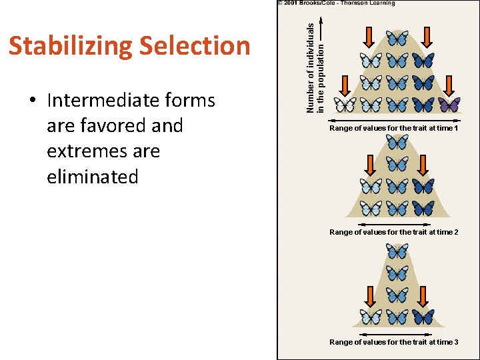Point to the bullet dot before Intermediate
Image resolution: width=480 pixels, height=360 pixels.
32,101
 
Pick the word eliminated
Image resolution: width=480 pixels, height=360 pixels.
93,177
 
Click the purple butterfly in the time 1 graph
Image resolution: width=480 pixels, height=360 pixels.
449,105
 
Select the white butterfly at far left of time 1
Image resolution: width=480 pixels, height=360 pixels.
345,105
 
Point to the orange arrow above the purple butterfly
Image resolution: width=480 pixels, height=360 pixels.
449,85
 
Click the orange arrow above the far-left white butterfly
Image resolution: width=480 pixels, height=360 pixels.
345,85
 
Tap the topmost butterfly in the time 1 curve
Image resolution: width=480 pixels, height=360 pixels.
397,38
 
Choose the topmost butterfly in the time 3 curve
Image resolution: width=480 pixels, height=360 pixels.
397,251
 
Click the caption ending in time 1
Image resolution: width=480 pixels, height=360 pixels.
393,128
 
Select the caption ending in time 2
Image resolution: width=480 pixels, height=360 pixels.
393,232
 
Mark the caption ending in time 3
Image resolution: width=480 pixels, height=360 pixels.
393,342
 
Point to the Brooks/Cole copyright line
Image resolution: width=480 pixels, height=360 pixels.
337,3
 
